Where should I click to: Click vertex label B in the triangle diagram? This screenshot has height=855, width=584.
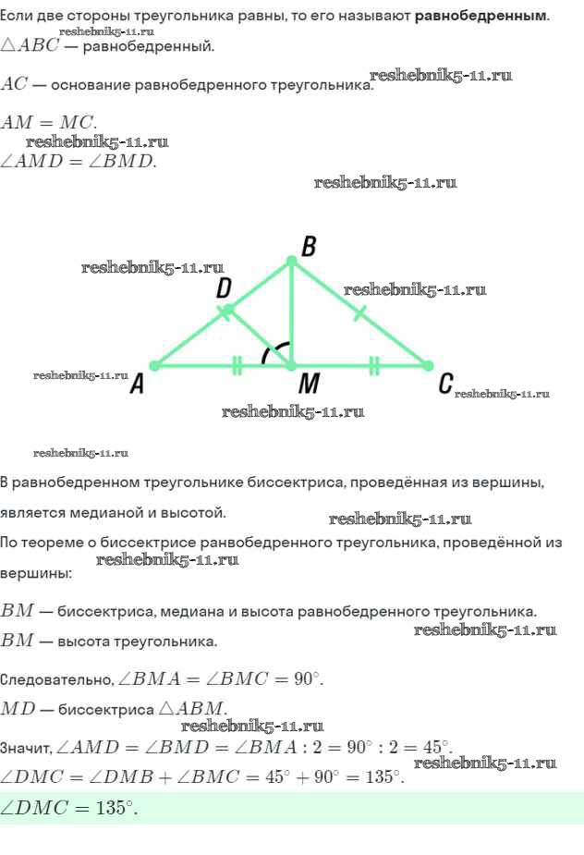pos(309,246)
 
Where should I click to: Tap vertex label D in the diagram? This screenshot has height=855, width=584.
pos(224,287)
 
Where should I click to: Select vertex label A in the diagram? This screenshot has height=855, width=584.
pos(137,384)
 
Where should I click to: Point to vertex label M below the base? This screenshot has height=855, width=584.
pos(309,384)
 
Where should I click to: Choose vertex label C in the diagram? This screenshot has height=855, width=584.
pos(445,384)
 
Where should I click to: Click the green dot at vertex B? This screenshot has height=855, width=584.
pos(292,263)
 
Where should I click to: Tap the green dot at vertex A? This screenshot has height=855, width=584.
pos(155,365)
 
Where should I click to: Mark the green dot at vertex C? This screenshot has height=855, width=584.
pos(428,365)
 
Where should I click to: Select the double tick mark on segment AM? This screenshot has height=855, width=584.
pos(237,365)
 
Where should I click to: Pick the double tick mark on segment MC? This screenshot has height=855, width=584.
pos(373,365)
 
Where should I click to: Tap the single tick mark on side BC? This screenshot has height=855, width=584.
pos(359,313)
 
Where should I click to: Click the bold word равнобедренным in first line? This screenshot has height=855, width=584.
pos(481,16)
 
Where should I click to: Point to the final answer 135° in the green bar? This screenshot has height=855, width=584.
pos(116,808)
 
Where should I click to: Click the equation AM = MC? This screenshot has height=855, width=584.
pos(49,122)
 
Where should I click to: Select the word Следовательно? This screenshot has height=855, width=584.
pos(56,679)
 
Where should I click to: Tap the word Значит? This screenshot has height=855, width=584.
pos(25,748)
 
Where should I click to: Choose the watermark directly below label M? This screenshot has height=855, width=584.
pos(293,411)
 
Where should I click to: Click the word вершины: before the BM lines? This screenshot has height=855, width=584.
pos(36,574)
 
